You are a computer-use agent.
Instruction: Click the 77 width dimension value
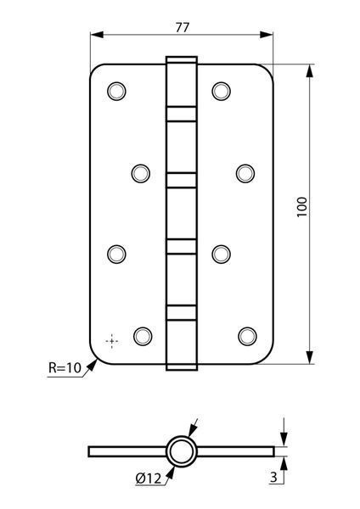pos(182,28)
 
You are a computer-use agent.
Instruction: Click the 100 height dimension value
pos(302,207)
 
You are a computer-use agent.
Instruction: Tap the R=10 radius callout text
pos(65,368)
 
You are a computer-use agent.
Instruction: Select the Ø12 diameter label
pos(149,478)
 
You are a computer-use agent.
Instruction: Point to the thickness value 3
pos(273,477)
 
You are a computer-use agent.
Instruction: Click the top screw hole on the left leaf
pos(116,92)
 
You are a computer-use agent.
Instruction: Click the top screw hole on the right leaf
pos(221,92)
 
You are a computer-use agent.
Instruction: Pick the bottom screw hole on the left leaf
pos(143,336)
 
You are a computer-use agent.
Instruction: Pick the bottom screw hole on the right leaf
pos(247,336)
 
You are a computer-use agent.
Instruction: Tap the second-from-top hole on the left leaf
pos(141,173)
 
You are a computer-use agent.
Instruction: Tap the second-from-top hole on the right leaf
pos(245,173)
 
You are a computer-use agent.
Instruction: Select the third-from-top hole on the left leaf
pos(116,254)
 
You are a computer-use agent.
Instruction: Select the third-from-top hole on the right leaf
pos(221,254)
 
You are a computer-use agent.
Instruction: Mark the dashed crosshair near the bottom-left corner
pos(112,341)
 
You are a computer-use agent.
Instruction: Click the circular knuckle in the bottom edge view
pos(182,451)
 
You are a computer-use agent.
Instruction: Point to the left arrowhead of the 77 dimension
pos(97,35)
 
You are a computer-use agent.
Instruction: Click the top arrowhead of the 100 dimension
pos(310,70)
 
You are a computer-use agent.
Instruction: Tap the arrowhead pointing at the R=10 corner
pos(92,365)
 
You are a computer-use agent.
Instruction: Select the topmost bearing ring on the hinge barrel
pos(182,114)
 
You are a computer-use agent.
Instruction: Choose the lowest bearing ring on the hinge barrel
pos(182,313)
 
